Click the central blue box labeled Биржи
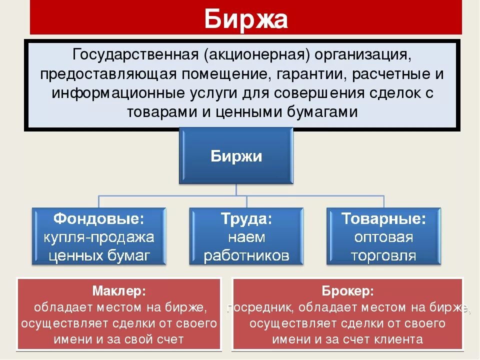point(236,156)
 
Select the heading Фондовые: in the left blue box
point(99,218)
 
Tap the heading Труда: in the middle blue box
point(246,218)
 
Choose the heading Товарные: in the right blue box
point(383,218)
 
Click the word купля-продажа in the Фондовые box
point(99,237)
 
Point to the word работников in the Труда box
point(246,255)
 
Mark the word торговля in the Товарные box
point(383,255)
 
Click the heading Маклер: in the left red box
point(119,291)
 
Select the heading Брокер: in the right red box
point(347,291)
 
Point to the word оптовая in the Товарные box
point(383,237)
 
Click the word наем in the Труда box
point(246,237)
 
